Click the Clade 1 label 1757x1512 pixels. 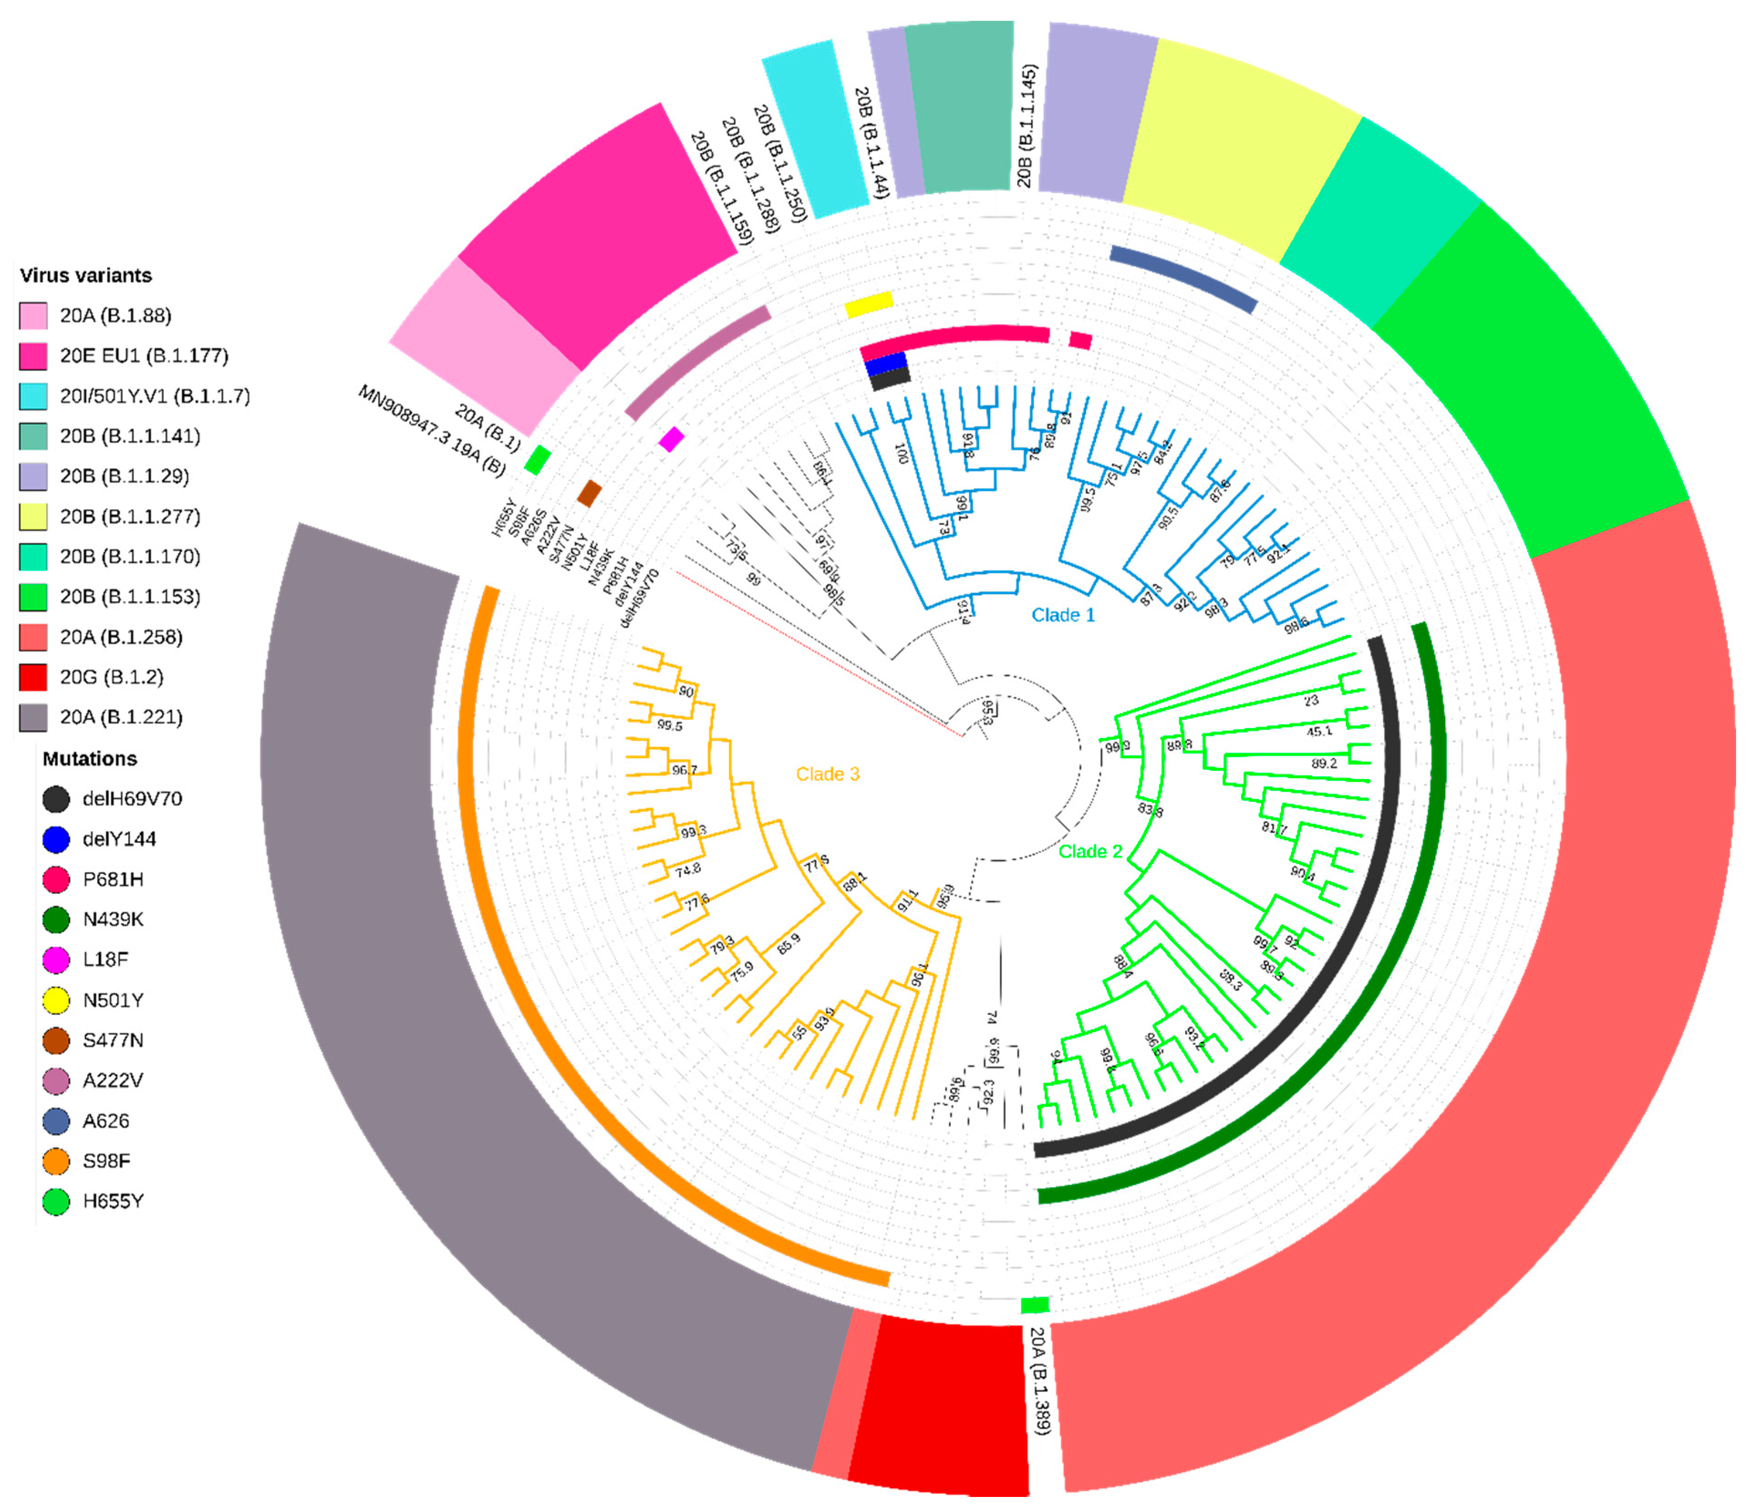(x=1063, y=615)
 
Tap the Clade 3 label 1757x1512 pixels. (x=827, y=774)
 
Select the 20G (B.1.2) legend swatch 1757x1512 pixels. (x=33, y=677)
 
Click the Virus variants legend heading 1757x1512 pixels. (x=86, y=276)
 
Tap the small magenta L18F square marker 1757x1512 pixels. (x=671, y=439)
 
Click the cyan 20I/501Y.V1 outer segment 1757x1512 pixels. (x=814, y=127)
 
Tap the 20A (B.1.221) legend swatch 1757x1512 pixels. (x=33, y=717)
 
